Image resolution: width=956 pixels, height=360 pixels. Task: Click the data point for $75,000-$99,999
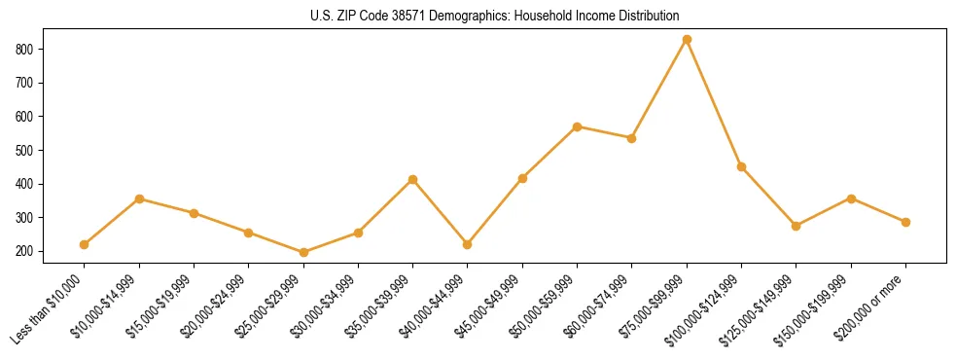tap(687, 40)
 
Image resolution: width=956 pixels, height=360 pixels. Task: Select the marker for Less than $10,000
tap(85, 244)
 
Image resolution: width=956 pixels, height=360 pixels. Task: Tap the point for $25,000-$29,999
tap(303, 252)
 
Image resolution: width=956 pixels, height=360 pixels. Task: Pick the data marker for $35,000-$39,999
tap(413, 180)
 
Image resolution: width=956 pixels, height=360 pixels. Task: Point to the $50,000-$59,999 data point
tap(578, 126)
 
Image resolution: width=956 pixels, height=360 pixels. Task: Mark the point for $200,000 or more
tap(905, 222)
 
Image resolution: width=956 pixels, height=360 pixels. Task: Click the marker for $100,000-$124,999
tap(741, 166)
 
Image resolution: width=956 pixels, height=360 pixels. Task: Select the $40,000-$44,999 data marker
tap(468, 244)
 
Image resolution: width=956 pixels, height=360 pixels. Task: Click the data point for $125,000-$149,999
tap(796, 226)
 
